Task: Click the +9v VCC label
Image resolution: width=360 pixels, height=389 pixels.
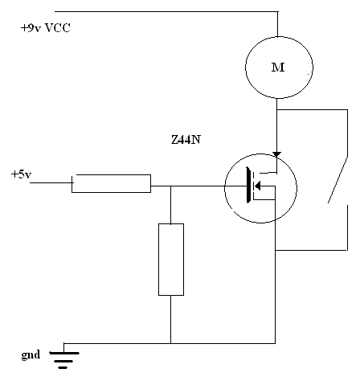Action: click(x=46, y=28)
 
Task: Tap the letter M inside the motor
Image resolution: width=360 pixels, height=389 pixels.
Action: click(x=278, y=68)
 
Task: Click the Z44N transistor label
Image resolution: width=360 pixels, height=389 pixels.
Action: click(x=186, y=140)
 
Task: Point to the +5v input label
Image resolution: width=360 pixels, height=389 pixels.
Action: click(x=21, y=174)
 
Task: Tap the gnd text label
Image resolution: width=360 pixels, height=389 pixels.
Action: click(x=31, y=355)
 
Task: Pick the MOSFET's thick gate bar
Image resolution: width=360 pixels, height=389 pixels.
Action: click(x=249, y=185)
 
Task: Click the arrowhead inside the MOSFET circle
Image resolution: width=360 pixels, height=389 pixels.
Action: click(x=257, y=186)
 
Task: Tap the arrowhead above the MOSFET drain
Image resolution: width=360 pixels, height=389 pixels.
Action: click(x=276, y=154)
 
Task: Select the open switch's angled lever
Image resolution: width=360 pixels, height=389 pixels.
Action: click(x=338, y=179)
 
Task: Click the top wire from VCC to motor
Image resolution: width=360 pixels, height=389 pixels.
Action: click(x=166, y=11)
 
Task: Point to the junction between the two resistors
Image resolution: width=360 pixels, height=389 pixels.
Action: click(x=171, y=186)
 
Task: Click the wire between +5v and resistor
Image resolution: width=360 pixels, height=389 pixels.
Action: click(x=51, y=182)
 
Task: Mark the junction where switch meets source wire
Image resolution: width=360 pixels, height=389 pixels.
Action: click(x=276, y=251)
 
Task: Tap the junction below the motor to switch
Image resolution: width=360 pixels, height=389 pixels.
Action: click(x=277, y=109)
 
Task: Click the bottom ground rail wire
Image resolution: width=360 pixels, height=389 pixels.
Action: click(x=170, y=343)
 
